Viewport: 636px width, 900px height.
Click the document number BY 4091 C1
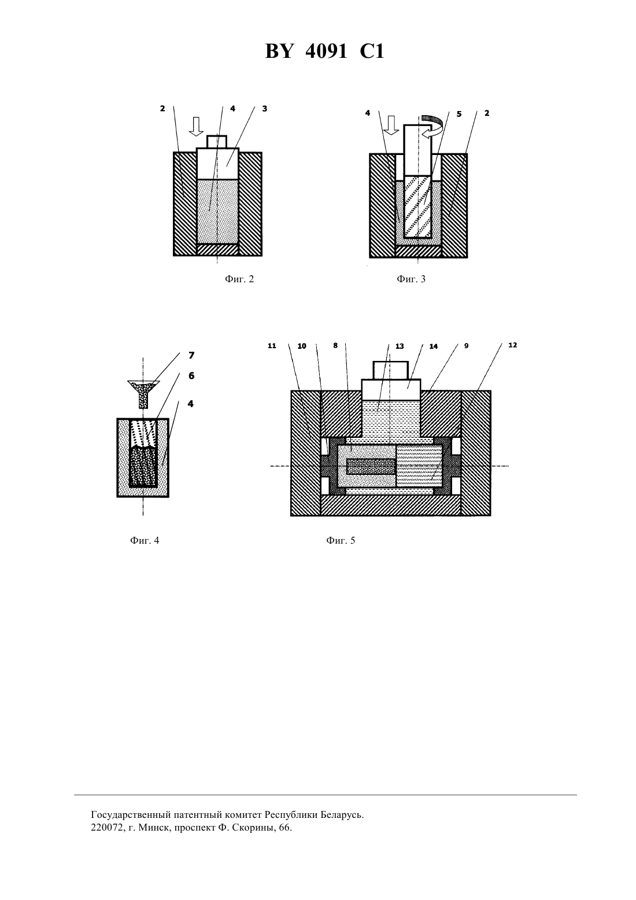pyautogui.click(x=324, y=51)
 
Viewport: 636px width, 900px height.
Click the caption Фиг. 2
pyautogui.click(x=239, y=279)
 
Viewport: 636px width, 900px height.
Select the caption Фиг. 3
pyautogui.click(x=411, y=279)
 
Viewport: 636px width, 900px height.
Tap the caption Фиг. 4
pyautogui.click(x=145, y=540)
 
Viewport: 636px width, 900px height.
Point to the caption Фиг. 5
pyautogui.click(x=341, y=540)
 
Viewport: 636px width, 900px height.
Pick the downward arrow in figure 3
pyautogui.click(x=391, y=124)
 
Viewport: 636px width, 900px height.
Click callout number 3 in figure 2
pyautogui.click(x=264, y=109)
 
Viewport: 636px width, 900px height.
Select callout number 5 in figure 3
pyautogui.click(x=459, y=114)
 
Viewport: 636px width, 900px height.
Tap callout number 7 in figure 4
pyautogui.click(x=191, y=355)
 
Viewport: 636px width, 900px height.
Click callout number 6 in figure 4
pyautogui.click(x=191, y=375)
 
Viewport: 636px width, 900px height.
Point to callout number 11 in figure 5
pyautogui.click(x=272, y=346)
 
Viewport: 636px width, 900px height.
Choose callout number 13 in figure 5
pyautogui.click(x=400, y=346)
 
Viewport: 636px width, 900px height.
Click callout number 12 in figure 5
pyautogui.click(x=513, y=345)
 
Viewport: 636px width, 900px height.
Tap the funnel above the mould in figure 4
pyautogui.click(x=143, y=394)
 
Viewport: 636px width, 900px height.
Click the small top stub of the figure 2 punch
pyautogui.click(x=217, y=142)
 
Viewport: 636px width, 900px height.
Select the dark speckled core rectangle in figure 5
pyautogui.click(x=371, y=466)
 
